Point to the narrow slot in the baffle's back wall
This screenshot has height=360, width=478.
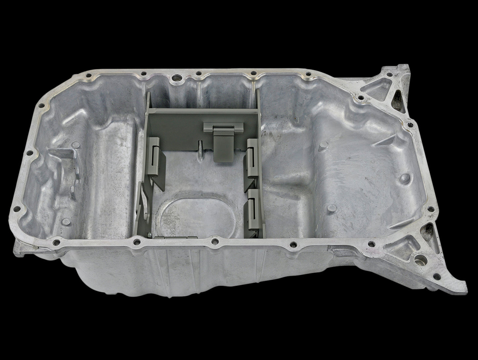click(x=200, y=147)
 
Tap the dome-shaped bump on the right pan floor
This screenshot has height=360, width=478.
click(x=405, y=179)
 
